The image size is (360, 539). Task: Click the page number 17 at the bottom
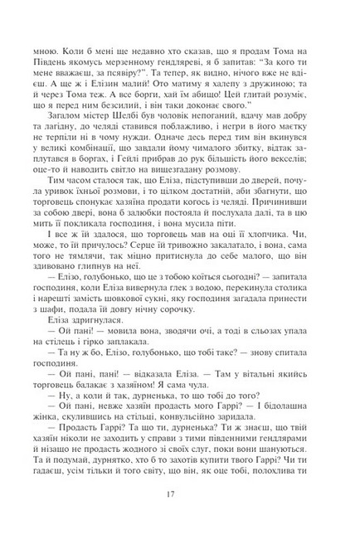(179, 498)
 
